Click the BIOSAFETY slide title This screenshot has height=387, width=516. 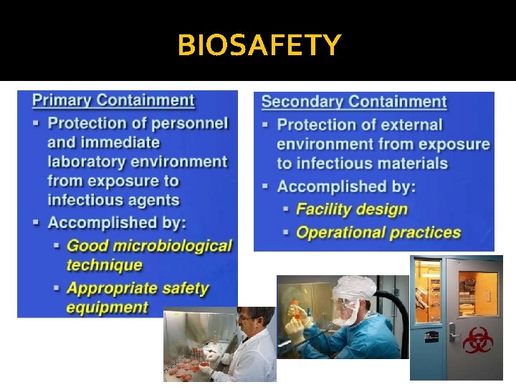pos(259,46)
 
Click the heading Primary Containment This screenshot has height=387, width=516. pos(113,100)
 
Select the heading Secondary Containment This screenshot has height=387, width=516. pos(354,102)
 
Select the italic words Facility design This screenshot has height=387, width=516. pos(351,209)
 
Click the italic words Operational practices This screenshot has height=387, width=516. pos(378,232)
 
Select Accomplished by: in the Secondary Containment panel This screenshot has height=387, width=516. pos(346,186)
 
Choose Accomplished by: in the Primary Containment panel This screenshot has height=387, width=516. pos(117,222)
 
